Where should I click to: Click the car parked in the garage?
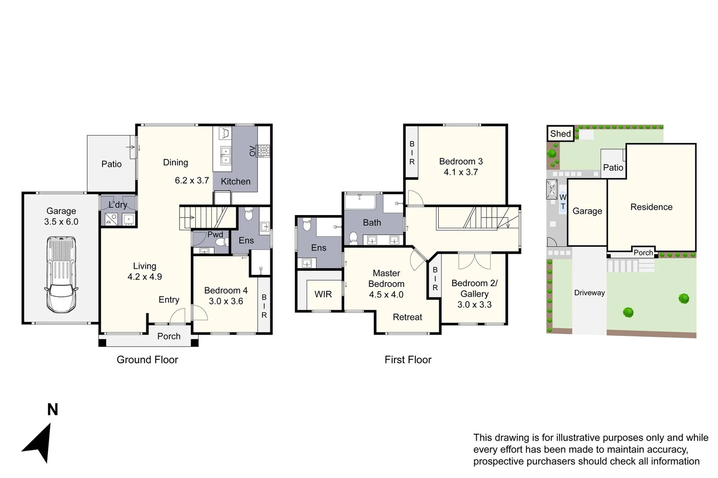61,274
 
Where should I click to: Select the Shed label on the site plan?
560,134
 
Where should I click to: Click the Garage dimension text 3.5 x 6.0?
61,222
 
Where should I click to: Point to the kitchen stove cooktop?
264,151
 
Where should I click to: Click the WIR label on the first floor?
323,294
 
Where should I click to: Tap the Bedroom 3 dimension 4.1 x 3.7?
461,172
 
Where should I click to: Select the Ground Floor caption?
147,360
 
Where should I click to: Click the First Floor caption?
408,360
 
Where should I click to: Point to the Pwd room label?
215,235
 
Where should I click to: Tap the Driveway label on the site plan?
589,293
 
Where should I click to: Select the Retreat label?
407,317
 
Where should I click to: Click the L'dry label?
118,204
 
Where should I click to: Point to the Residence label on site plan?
651,207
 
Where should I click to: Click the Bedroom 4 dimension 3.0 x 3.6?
226,301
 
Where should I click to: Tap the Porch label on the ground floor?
169,336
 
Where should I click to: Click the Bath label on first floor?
372,223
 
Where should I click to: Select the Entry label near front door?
169,300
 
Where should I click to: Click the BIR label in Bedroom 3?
412,153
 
